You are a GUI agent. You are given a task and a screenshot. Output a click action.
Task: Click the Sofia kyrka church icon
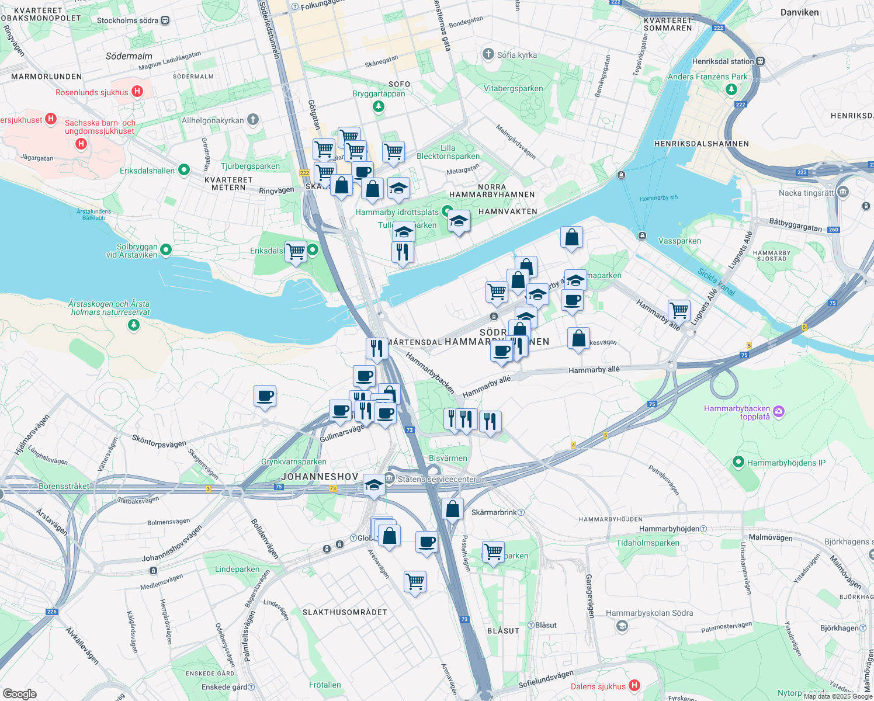[x=488, y=54]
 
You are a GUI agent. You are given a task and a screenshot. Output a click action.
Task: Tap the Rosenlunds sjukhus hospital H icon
[x=137, y=91]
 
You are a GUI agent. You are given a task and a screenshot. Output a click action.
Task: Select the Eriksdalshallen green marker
[x=184, y=170]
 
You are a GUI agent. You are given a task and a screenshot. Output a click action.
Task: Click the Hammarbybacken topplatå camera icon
[x=779, y=412]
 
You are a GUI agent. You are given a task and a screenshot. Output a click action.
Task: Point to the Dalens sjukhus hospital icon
[x=634, y=686]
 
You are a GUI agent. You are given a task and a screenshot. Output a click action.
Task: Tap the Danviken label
[x=799, y=12]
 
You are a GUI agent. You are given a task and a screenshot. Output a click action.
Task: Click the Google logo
[x=19, y=693]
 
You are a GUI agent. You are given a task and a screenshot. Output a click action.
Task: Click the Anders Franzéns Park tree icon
[x=731, y=89]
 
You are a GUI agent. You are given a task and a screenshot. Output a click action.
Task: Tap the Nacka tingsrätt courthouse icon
[x=842, y=192]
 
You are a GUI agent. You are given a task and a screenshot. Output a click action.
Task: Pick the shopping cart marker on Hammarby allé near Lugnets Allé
[x=679, y=310]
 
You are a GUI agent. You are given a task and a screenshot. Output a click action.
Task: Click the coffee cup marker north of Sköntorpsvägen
[x=265, y=396]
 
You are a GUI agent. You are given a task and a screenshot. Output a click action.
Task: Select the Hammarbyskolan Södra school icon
[x=622, y=626]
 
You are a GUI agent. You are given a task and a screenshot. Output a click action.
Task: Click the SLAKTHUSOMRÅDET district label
[x=345, y=612]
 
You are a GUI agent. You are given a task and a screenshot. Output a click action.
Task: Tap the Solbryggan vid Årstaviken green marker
[x=166, y=250]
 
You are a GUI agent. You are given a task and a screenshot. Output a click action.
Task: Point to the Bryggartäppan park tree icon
[x=379, y=106]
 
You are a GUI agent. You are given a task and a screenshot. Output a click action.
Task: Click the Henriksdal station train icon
[x=760, y=61]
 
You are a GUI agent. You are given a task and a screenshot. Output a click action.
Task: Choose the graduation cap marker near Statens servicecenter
[x=374, y=485]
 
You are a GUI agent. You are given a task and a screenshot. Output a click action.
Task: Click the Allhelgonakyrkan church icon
[x=253, y=120]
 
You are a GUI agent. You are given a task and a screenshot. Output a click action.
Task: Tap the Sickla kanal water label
[x=716, y=282]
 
